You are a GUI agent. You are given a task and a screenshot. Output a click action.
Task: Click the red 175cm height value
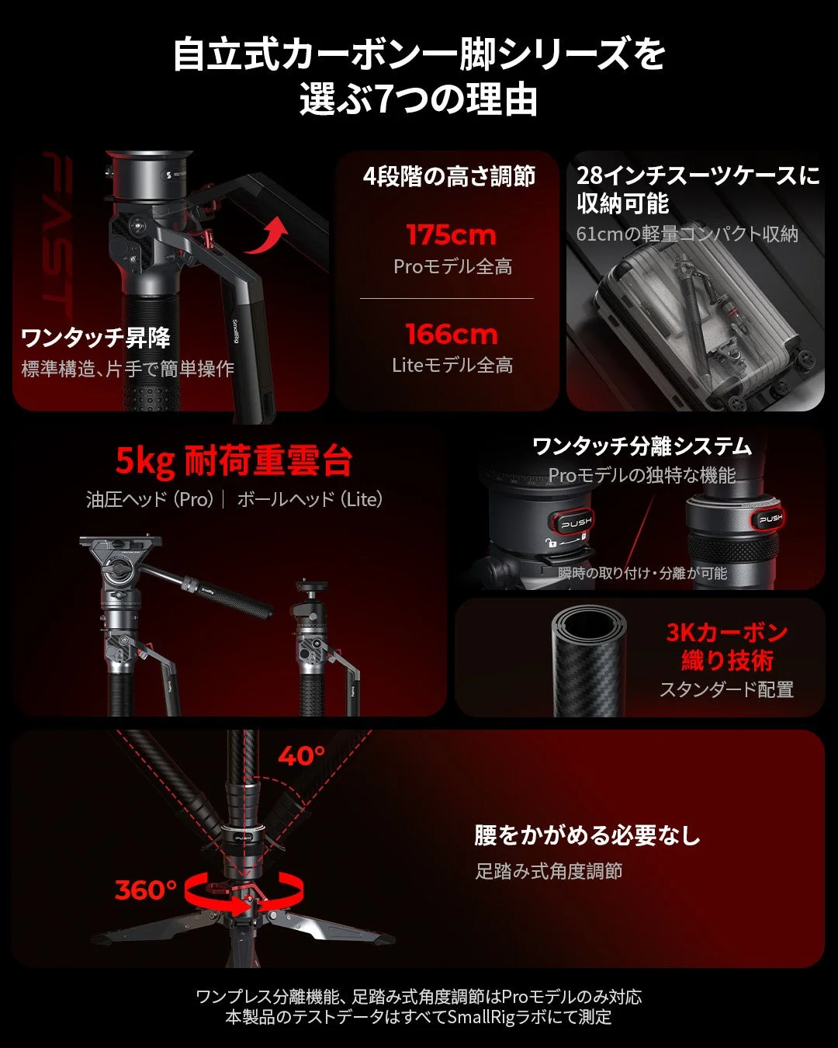click(452, 235)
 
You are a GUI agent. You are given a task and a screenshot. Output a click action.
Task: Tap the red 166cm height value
click(452, 335)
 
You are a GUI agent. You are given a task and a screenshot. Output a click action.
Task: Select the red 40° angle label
click(301, 756)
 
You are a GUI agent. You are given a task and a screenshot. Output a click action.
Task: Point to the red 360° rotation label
click(146, 890)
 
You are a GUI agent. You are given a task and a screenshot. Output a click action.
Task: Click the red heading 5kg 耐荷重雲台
click(234, 460)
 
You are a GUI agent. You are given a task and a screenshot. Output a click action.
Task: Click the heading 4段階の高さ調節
click(449, 176)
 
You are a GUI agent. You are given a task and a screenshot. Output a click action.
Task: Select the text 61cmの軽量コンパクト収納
click(687, 234)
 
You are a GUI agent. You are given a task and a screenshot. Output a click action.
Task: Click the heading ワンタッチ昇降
click(96, 338)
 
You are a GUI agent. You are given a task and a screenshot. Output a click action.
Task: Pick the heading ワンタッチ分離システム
click(642, 446)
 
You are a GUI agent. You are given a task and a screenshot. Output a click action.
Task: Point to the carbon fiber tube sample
click(589, 661)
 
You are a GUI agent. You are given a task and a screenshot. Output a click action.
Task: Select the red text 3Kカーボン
click(727, 633)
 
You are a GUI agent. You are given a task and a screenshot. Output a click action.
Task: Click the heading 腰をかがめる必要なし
click(587, 835)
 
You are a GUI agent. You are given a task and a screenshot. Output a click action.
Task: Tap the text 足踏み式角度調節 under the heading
click(549, 871)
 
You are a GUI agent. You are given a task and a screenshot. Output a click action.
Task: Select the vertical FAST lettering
click(57, 234)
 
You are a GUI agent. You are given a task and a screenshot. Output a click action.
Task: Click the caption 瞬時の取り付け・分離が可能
click(642, 573)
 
